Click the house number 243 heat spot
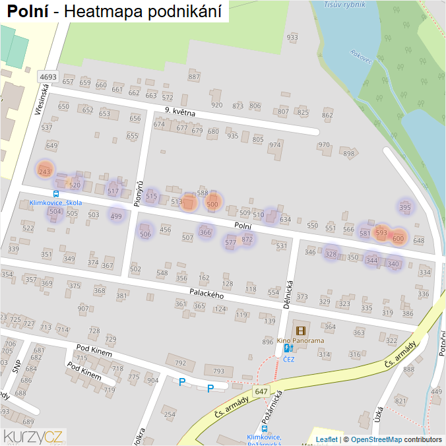click(44, 172)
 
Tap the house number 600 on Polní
click(398, 239)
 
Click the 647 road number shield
click(261, 392)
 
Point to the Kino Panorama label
click(300, 341)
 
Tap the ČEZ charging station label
click(289, 360)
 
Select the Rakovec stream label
click(362, 57)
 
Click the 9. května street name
click(180, 112)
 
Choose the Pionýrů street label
click(139, 195)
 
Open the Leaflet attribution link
click(326, 439)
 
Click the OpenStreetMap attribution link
click(376, 439)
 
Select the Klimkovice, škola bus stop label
click(56, 203)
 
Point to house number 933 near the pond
click(292, 38)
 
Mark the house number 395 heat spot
click(405, 207)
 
